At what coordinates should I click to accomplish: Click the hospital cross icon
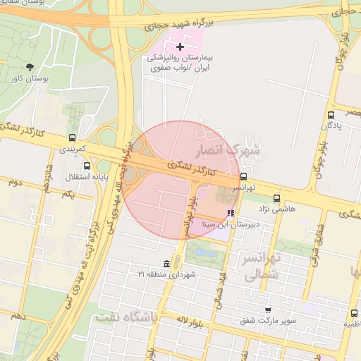[180, 47]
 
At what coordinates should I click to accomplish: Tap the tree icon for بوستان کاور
[30, 66]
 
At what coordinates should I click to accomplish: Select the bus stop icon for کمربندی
[72, 138]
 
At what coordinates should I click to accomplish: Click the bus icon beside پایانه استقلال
[87, 166]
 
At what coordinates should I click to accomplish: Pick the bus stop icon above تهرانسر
[243, 177]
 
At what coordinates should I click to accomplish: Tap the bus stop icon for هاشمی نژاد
[276, 198]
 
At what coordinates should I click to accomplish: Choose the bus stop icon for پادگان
[331, 115]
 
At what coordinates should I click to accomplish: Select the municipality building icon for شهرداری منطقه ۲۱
[166, 263]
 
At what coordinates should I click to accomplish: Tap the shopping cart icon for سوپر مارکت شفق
[267, 310]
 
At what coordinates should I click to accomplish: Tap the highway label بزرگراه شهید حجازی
[178, 22]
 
